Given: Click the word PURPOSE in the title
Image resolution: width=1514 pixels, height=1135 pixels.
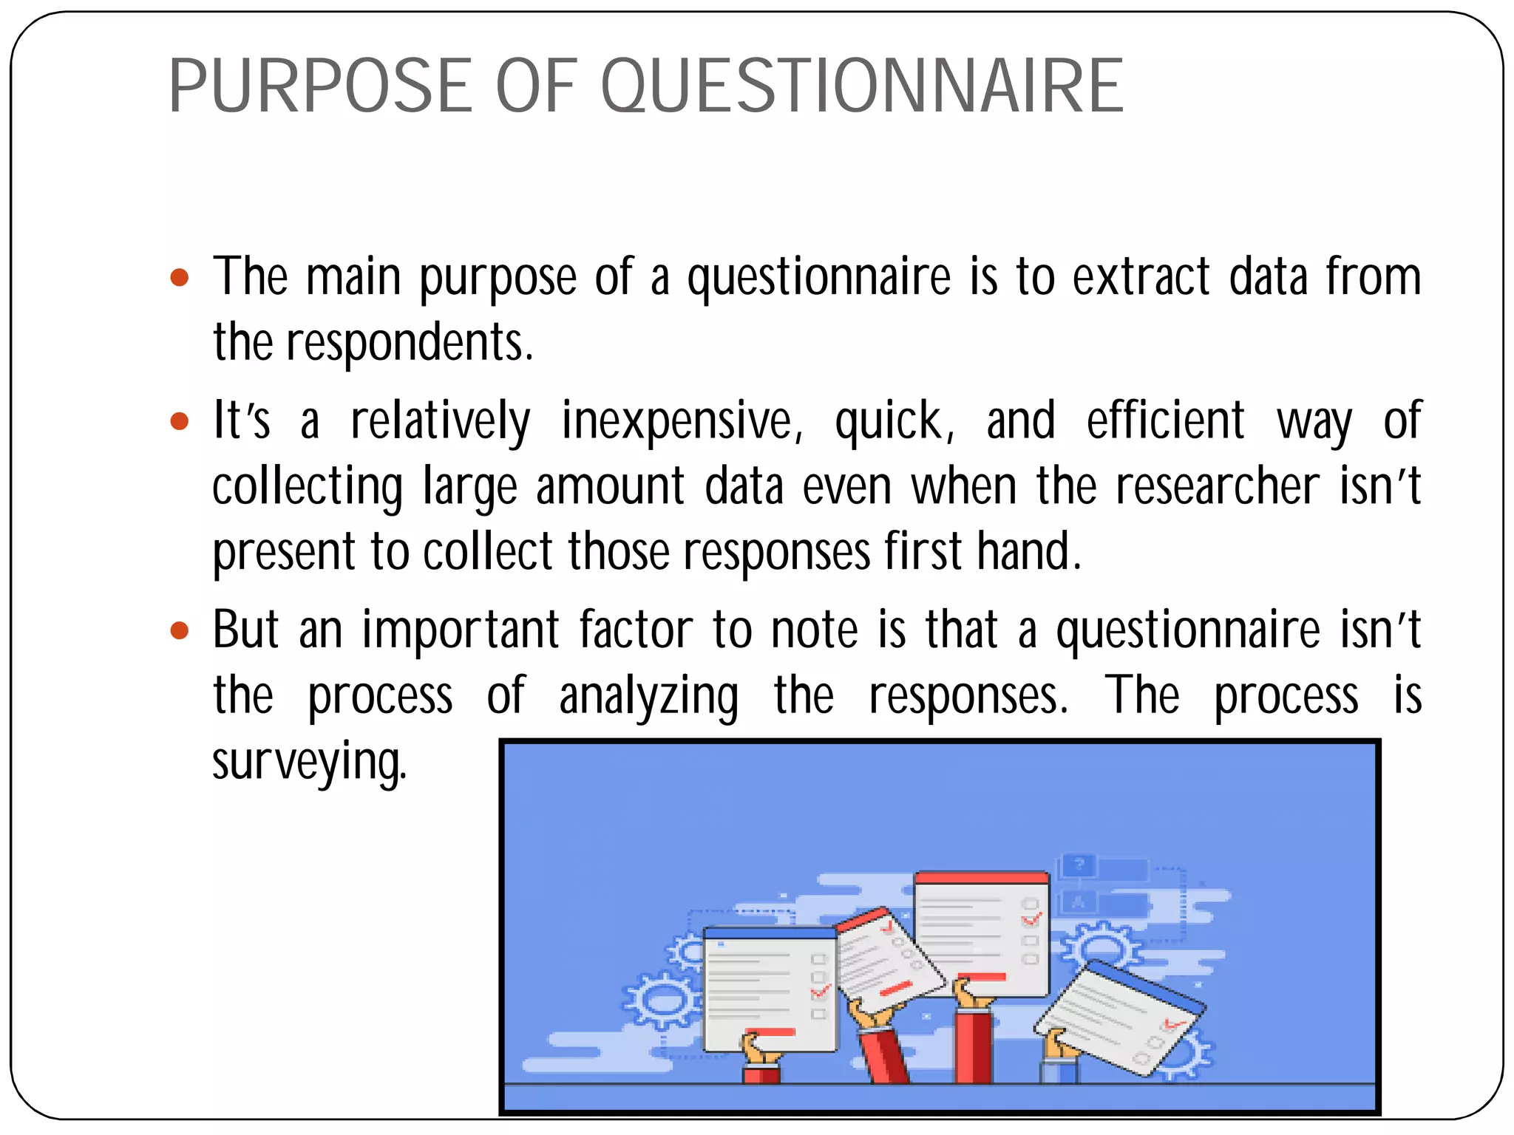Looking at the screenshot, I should coord(320,87).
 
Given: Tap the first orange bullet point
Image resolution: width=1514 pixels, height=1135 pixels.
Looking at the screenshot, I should coord(180,279).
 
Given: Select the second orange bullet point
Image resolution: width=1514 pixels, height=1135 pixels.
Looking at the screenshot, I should coord(180,422).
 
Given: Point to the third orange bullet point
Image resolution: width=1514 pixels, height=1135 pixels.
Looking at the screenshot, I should coord(180,631).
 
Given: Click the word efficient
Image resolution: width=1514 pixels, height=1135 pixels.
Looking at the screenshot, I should coord(1165,420).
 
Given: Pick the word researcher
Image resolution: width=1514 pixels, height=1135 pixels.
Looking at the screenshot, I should coord(1217,487).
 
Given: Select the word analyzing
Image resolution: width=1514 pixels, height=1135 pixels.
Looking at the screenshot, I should coord(648,697).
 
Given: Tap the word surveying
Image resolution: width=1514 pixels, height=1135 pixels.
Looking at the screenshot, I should coord(309,763).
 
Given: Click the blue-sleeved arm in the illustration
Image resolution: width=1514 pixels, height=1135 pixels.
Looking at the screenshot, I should coord(1059,1068).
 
